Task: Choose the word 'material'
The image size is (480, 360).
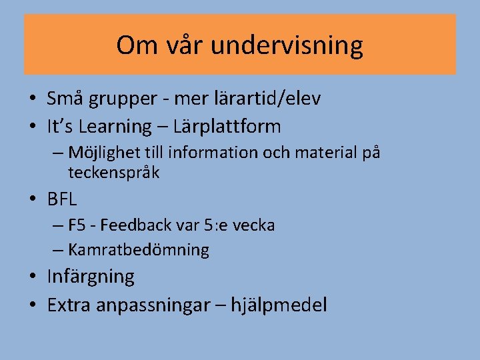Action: coord(323,153)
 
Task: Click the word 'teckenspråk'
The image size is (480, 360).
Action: coord(113,173)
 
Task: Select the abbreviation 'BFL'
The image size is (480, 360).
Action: coord(62,199)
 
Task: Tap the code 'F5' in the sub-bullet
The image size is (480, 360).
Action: coord(77,225)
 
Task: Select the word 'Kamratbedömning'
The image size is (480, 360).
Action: coord(138,251)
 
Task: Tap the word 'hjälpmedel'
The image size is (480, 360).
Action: coord(279,306)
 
